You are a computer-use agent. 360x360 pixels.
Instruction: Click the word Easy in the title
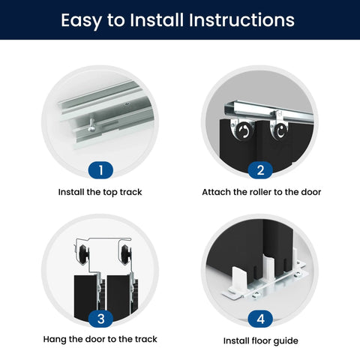82,20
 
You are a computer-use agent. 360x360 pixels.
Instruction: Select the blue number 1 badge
100,170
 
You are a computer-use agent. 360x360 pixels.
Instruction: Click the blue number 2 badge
260,170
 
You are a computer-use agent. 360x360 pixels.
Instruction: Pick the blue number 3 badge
100,319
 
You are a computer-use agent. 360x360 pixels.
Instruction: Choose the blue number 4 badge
260,319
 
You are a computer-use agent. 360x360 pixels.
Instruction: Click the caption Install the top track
100,192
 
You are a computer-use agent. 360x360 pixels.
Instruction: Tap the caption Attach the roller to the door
262,192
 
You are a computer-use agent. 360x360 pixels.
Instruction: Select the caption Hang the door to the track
100,339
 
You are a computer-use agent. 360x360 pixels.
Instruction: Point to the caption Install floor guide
261,341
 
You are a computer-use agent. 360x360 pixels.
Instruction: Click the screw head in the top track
91,129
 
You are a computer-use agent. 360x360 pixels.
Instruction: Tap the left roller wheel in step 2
243,131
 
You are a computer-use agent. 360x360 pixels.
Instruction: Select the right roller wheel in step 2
280,130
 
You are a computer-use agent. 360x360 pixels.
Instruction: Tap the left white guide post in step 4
239,279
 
